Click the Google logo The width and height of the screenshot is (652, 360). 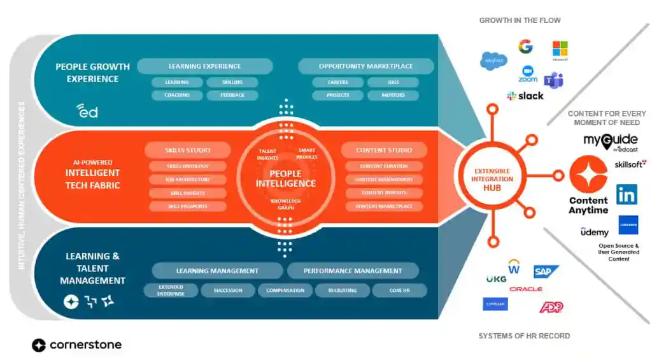point(525,47)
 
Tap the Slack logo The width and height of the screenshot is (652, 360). point(525,96)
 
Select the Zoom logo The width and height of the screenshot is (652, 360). point(528,74)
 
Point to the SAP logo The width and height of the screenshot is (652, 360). point(546,272)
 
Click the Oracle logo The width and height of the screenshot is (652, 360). point(526,289)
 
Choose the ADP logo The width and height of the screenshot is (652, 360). point(551,307)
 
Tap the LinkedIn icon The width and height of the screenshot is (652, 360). point(627,194)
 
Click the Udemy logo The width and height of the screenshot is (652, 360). point(594,233)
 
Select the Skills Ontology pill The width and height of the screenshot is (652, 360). point(187,166)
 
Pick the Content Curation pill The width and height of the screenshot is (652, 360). point(384,166)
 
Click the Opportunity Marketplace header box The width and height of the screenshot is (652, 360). point(365,66)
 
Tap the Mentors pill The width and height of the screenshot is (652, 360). point(393,96)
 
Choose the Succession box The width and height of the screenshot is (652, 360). point(227,291)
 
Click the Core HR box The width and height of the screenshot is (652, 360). point(399,291)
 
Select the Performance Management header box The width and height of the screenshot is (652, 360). point(353,271)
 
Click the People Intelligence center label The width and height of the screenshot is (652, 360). point(285,178)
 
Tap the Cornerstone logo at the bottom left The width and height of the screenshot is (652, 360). point(76,345)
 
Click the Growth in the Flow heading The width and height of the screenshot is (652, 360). point(520,20)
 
